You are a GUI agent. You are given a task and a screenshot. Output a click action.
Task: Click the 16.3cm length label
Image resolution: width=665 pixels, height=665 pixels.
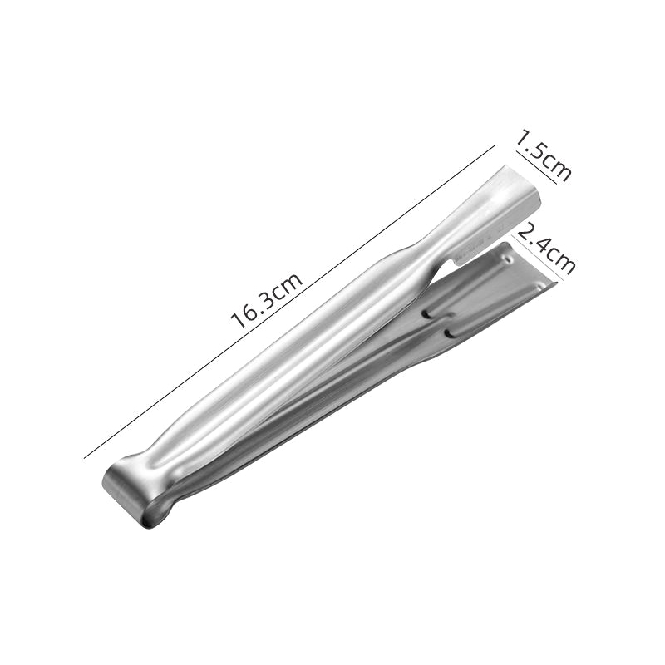[266, 301]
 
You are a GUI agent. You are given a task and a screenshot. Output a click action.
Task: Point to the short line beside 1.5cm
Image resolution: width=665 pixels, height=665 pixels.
[535, 167]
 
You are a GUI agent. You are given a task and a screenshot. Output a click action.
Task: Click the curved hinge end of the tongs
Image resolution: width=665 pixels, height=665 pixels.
[127, 494]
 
